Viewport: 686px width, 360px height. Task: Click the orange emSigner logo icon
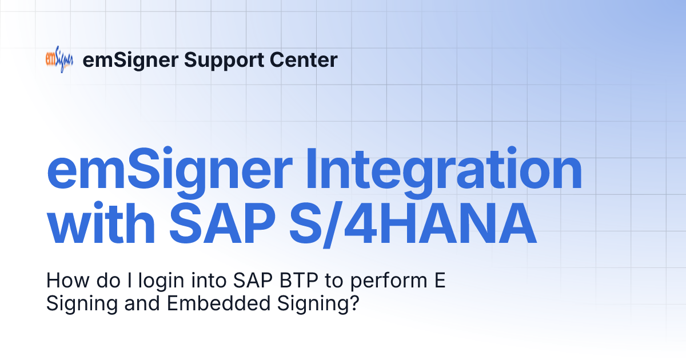[x=59, y=60]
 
